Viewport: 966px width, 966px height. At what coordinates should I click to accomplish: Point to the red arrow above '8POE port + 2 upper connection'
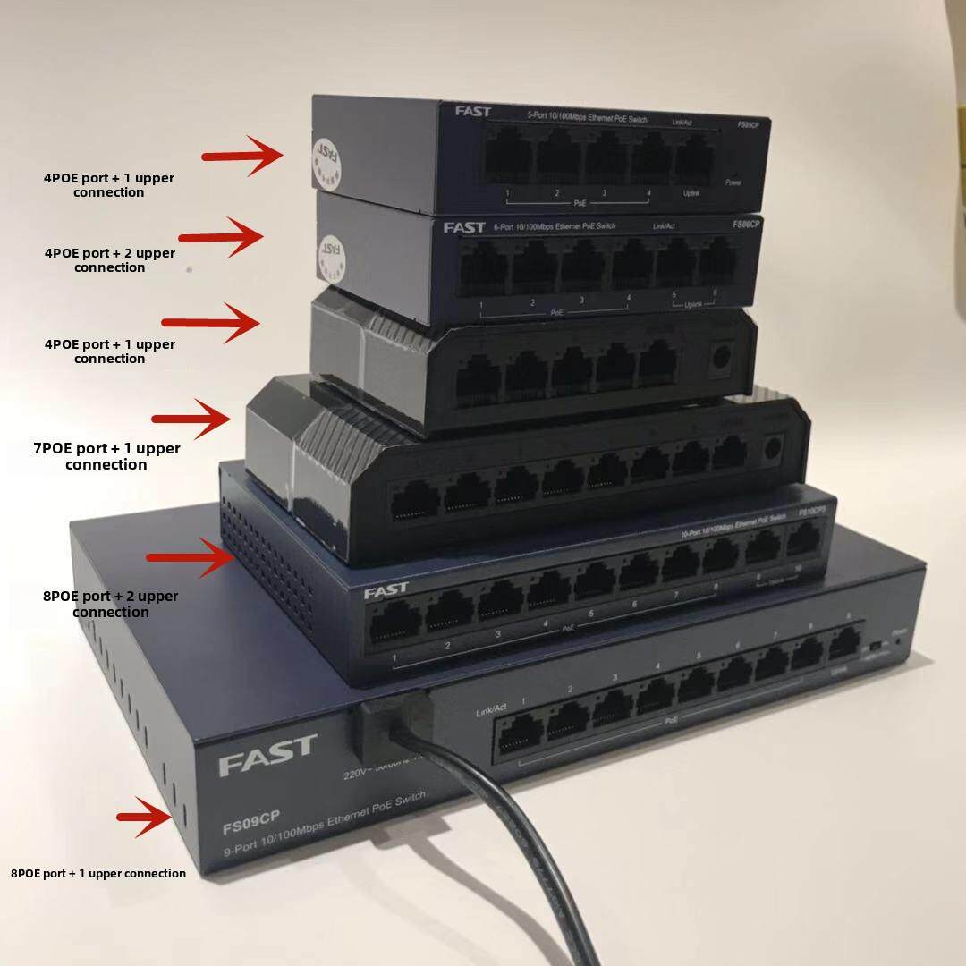(x=189, y=558)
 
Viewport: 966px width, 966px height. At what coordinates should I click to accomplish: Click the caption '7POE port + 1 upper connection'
(x=106, y=456)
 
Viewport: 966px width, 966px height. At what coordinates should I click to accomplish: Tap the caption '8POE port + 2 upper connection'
(x=111, y=604)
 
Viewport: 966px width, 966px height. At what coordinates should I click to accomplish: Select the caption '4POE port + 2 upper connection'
(x=110, y=260)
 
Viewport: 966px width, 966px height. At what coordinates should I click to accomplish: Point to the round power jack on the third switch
(x=717, y=357)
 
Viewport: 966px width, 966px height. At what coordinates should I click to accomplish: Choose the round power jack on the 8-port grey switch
(x=770, y=450)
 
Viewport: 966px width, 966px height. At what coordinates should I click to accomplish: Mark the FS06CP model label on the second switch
(x=746, y=225)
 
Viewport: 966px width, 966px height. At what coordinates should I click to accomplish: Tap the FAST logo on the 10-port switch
(x=386, y=590)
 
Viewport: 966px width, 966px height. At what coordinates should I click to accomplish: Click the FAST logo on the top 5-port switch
(x=472, y=111)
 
